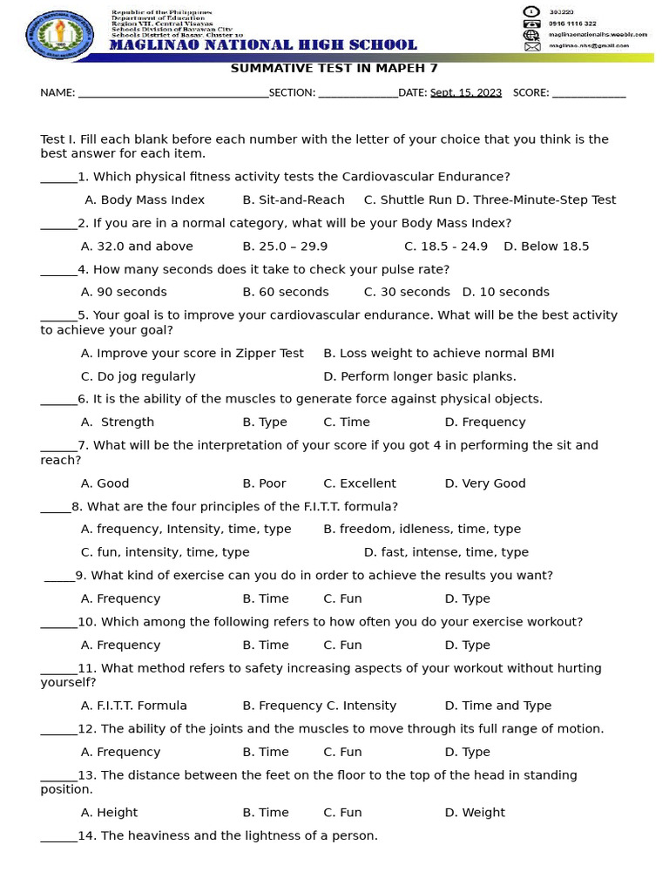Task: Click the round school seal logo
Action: [61, 34]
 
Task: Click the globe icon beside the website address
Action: [531, 35]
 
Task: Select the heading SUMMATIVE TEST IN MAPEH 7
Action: [334, 69]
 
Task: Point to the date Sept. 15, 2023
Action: [466, 92]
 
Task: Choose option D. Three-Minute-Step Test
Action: [536, 199]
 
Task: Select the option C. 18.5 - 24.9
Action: [446, 246]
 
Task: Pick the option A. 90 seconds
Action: [124, 292]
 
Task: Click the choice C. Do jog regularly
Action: [139, 376]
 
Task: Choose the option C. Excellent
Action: [360, 483]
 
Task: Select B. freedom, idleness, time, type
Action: [422, 529]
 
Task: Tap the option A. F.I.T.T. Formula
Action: [134, 706]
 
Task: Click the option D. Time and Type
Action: [497, 706]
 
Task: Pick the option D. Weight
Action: [475, 813]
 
